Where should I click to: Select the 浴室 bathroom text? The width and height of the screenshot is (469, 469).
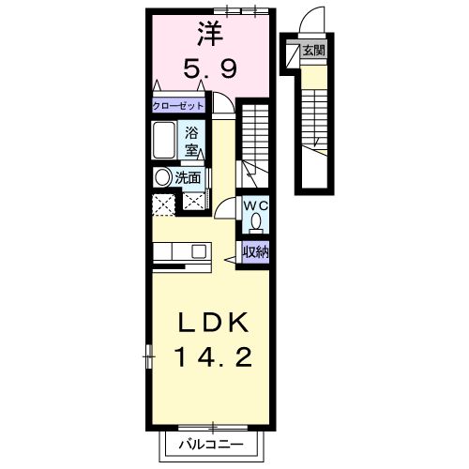point(191,142)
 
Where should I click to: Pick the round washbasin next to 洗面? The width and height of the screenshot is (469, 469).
point(163,176)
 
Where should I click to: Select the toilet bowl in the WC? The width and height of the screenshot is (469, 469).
point(255,223)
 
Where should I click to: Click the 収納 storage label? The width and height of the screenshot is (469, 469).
point(255,251)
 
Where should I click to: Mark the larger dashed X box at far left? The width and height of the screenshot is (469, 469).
point(162,204)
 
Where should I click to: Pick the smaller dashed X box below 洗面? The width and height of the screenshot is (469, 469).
point(195,199)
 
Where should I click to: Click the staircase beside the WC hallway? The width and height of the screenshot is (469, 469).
point(253,141)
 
